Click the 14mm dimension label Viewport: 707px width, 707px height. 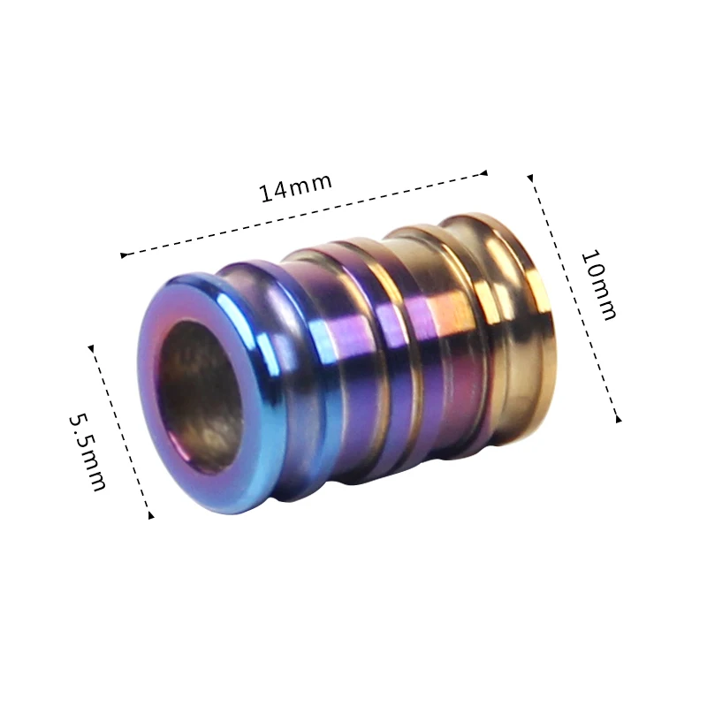coord(296,187)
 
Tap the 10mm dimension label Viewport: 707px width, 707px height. coord(598,285)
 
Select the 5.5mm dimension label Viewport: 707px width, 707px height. coord(87,452)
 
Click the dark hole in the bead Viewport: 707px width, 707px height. coord(201,397)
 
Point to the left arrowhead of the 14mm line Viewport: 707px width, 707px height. coord(124,255)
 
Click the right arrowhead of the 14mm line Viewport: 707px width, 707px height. coord(483,173)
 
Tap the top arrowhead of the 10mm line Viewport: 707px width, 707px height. coord(530,179)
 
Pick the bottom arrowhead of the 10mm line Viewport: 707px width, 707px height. coord(619,419)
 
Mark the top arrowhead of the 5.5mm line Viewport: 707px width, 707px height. coord(91,348)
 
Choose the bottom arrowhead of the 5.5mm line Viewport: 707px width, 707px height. coord(151,515)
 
